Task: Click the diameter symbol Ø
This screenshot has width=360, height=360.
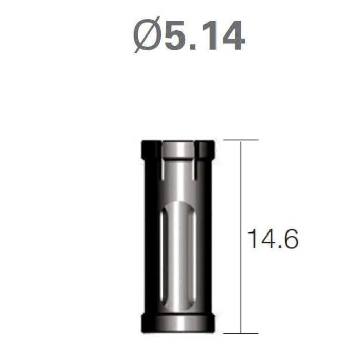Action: [147, 35]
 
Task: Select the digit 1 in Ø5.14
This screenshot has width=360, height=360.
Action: [208, 35]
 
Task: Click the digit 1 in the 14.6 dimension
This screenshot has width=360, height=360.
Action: [253, 239]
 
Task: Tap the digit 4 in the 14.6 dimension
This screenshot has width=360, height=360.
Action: [267, 239]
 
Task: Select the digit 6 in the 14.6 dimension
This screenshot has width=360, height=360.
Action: [291, 239]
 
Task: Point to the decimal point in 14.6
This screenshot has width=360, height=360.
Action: [278, 247]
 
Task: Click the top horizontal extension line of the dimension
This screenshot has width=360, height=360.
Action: [241, 140]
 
